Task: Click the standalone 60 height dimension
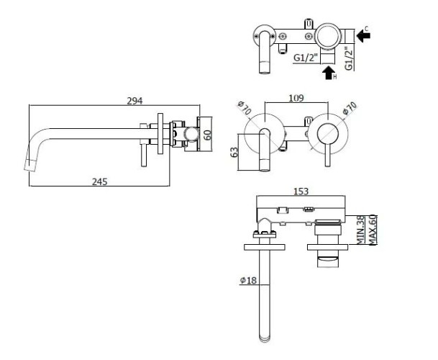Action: point(209,135)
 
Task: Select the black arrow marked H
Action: point(328,72)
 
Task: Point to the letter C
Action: point(367,28)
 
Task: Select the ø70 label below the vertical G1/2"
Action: point(349,110)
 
